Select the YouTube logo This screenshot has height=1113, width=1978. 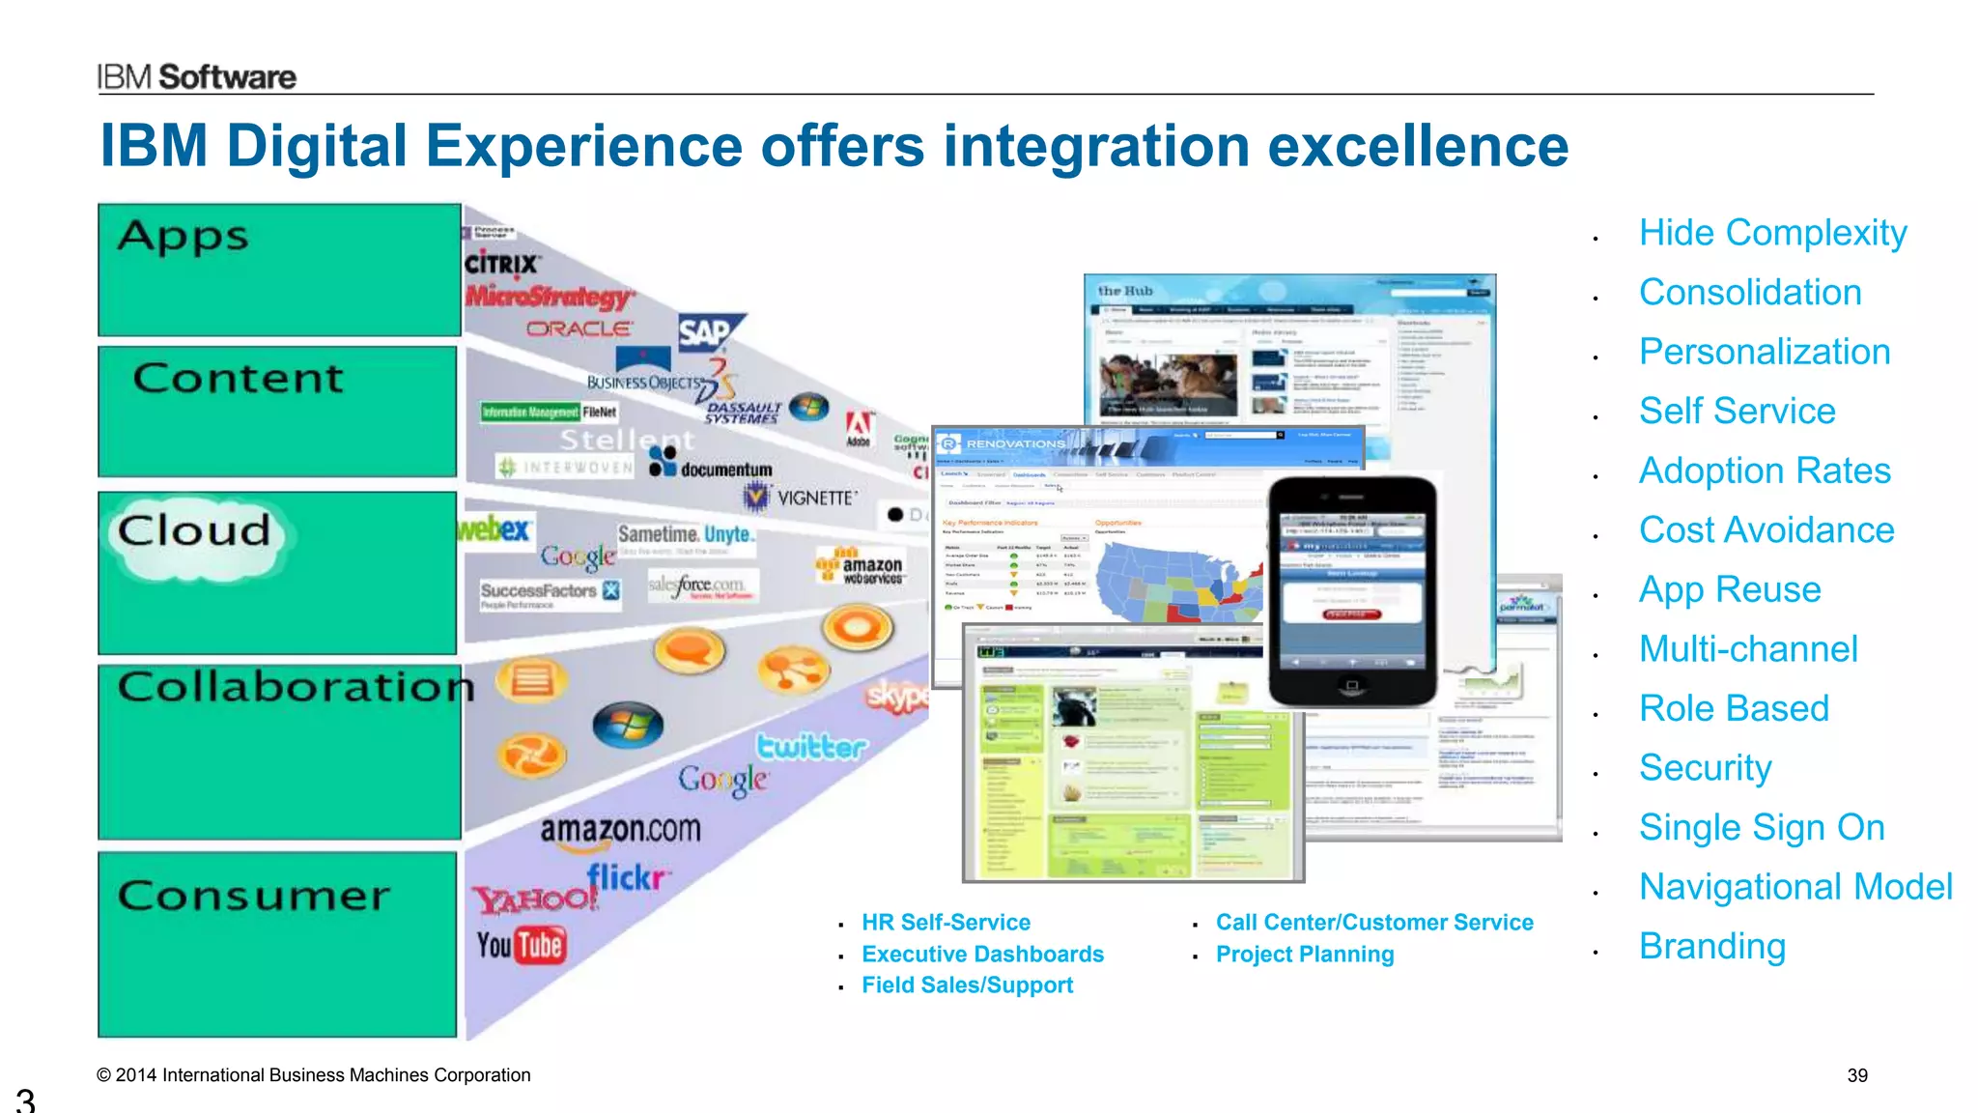click(x=520, y=945)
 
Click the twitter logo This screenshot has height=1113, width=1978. click(x=811, y=747)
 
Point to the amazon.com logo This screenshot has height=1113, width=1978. click(x=620, y=830)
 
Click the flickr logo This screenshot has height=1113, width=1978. click(x=628, y=877)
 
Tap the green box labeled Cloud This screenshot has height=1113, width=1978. click(x=277, y=573)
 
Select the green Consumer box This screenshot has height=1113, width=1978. click(x=277, y=944)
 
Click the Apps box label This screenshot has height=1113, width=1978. click(x=184, y=237)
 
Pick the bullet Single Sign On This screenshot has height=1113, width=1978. click(x=1761, y=827)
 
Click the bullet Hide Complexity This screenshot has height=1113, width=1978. click(x=1772, y=233)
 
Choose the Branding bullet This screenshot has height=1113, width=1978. click(x=1711, y=946)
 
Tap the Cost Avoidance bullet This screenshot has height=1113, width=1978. click(x=1766, y=529)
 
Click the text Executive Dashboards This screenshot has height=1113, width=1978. click(x=982, y=955)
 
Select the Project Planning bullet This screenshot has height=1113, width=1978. click(x=1304, y=955)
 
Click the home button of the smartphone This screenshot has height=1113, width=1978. click(x=1352, y=685)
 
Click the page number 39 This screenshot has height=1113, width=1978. click(x=1856, y=1075)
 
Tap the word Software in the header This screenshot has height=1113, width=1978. click(x=228, y=77)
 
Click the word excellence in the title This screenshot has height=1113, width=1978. click(x=1417, y=147)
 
